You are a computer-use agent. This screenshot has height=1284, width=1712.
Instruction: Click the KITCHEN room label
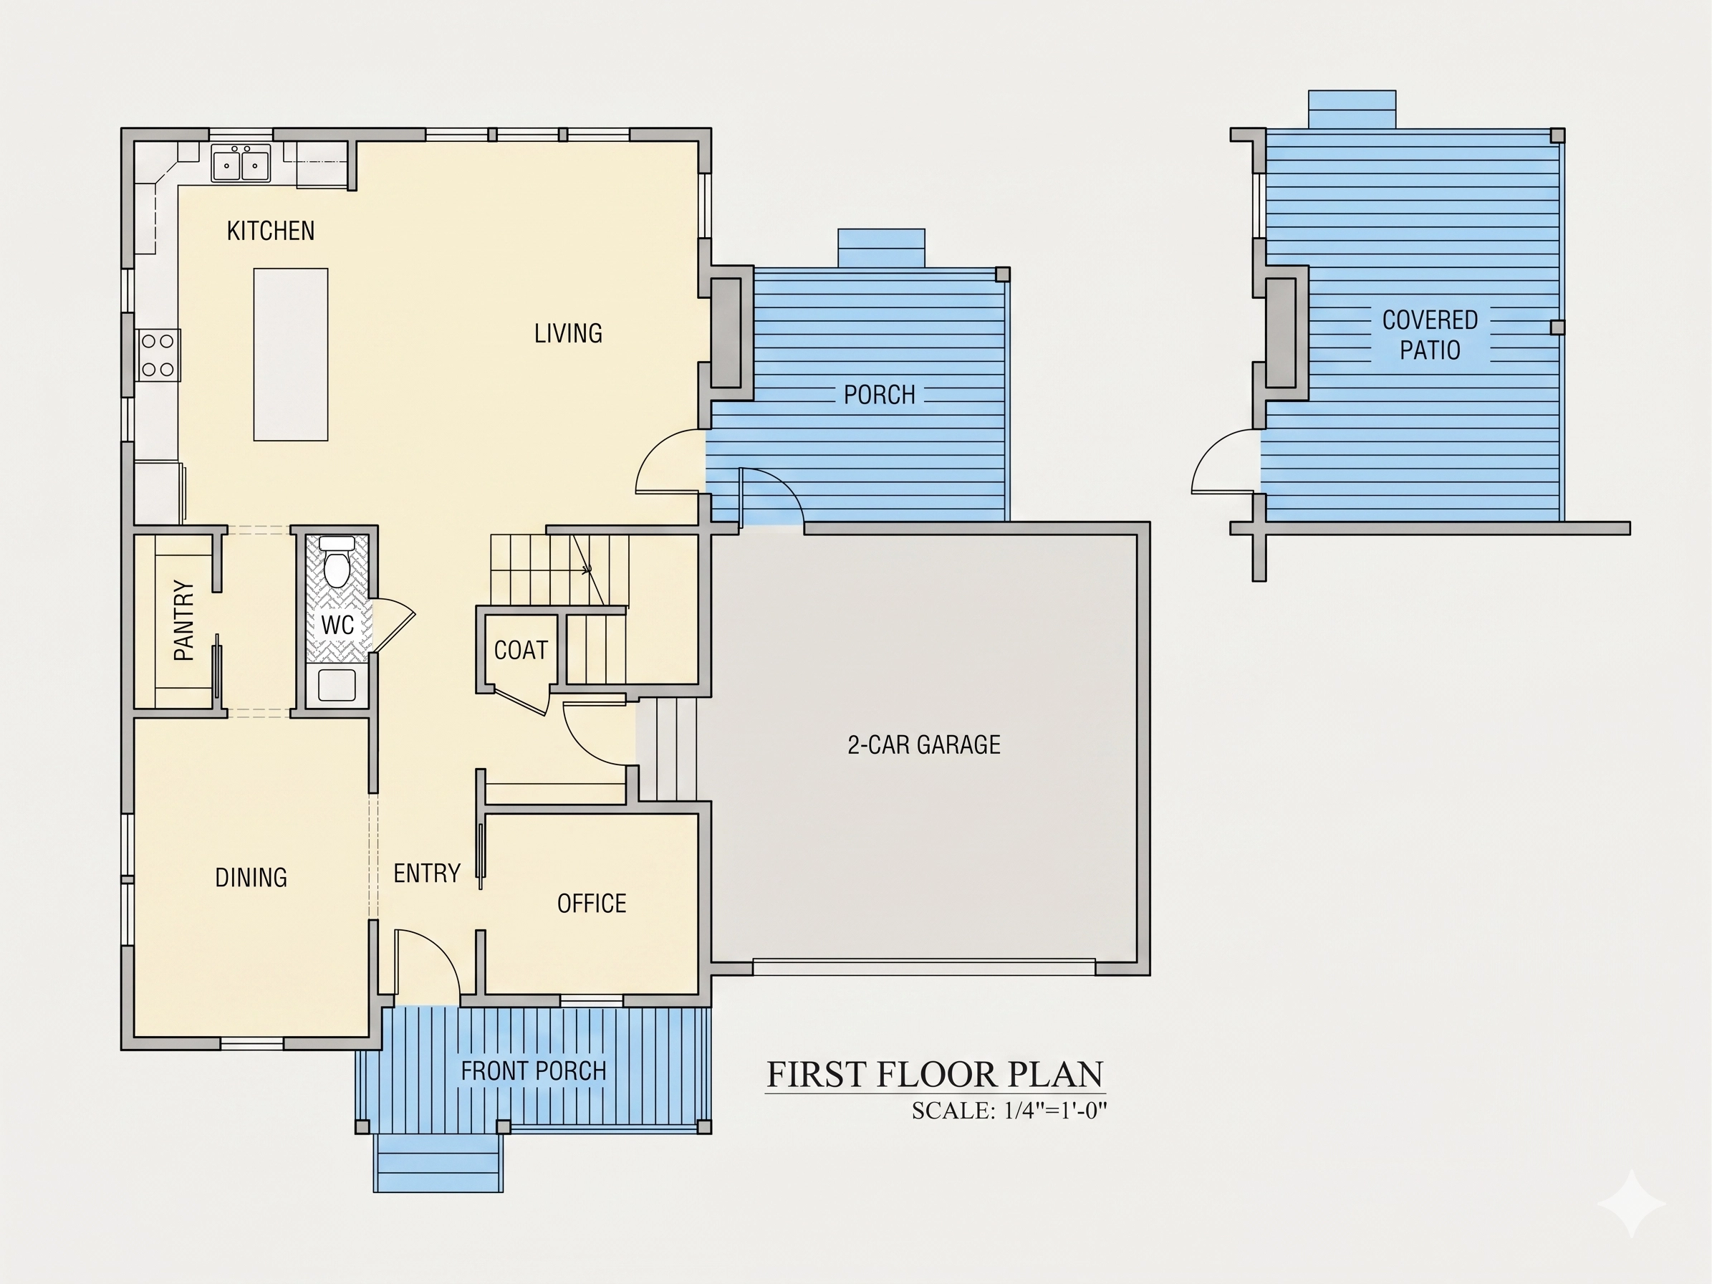(x=271, y=231)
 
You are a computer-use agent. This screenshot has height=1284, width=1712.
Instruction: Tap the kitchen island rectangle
(x=291, y=355)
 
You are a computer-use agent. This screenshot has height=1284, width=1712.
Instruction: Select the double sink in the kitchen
(x=241, y=163)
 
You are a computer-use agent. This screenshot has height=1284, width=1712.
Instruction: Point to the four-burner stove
(x=158, y=355)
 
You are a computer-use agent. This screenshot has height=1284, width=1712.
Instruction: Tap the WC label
(x=337, y=625)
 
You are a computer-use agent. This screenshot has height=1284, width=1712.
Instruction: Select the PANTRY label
(x=183, y=621)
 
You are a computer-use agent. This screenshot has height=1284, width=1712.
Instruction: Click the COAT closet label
(x=521, y=650)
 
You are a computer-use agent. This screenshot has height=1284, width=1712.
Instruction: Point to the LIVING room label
(x=568, y=334)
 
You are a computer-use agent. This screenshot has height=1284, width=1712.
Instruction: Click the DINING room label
(x=251, y=878)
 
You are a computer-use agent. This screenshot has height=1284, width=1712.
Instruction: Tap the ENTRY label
(x=426, y=874)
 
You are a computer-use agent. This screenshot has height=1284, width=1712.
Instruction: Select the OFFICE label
(x=591, y=904)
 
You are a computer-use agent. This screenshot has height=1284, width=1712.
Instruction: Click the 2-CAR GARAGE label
(x=924, y=744)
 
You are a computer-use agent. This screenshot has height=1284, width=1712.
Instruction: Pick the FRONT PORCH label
(x=533, y=1071)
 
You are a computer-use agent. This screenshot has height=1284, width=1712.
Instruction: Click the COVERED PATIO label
(x=1430, y=335)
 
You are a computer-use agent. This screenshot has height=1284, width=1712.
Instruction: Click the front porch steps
(x=438, y=1163)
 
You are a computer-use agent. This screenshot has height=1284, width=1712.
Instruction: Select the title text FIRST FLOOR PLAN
(x=935, y=1074)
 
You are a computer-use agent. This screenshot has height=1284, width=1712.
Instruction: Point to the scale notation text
(x=1009, y=1111)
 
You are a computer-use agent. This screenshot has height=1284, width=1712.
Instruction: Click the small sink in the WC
(x=337, y=686)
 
